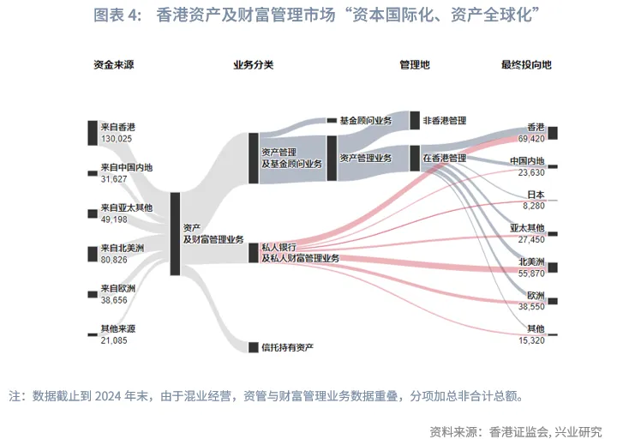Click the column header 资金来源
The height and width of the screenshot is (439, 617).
click(112, 65)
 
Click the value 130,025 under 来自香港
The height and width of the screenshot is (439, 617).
click(117, 138)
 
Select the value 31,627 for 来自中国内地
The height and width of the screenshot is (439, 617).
click(114, 178)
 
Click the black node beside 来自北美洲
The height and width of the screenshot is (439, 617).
click(93, 254)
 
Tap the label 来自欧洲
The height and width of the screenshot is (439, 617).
click(118, 288)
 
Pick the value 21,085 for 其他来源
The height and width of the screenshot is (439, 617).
click(114, 340)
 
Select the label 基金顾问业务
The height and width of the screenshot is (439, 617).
click(366, 121)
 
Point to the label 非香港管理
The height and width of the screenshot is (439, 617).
click(445, 121)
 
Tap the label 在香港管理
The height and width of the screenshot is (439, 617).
click(445, 158)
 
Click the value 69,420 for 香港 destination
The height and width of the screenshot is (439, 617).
click(531, 138)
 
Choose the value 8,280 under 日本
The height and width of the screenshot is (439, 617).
click(533, 206)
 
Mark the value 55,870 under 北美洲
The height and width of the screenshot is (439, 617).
click(531, 273)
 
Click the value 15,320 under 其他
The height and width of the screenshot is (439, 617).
click(531, 340)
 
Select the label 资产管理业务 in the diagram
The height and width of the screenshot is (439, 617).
click(366, 158)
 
